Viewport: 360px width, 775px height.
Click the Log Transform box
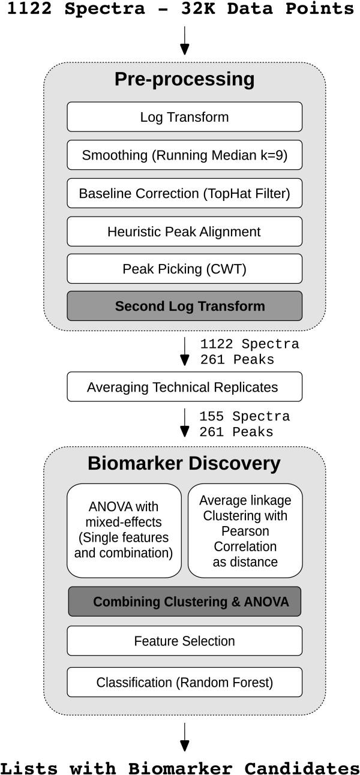pyautogui.click(x=184, y=117)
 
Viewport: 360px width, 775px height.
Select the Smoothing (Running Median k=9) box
pyautogui.click(x=184, y=155)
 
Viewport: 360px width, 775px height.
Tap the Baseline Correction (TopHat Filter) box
pyautogui.click(x=184, y=194)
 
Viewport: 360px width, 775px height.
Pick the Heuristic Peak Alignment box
pyautogui.click(x=184, y=232)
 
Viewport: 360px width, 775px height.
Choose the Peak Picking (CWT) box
pyautogui.click(x=184, y=269)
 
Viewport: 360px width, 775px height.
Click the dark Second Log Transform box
pyautogui.click(x=184, y=306)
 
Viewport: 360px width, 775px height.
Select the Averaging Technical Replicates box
pyautogui.click(x=184, y=387)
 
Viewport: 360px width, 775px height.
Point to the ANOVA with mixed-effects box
pyautogui.click(x=124, y=530)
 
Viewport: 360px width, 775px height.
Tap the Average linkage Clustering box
pyautogui.click(x=245, y=530)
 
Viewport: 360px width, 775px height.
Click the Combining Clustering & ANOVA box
pyautogui.click(x=184, y=602)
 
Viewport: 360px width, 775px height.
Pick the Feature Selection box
pyautogui.click(x=184, y=641)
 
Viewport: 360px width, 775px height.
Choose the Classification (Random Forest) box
pyautogui.click(x=184, y=683)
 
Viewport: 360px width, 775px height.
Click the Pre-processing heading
pyautogui.click(x=184, y=80)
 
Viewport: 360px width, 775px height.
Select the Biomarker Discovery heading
pyautogui.click(x=184, y=464)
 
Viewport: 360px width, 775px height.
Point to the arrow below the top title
pyautogui.click(x=185, y=41)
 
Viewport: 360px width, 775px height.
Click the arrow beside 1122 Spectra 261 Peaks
pyautogui.click(x=185, y=352)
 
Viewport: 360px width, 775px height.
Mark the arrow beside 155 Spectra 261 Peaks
pyautogui.click(x=185, y=423)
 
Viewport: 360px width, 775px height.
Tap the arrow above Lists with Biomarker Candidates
pyautogui.click(x=185, y=737)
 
